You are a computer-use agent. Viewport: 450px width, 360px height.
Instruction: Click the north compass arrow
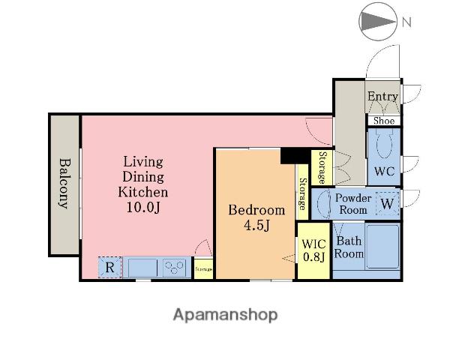[x=378, y=22]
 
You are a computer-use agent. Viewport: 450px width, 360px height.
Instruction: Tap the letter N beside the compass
[x=406, y=22]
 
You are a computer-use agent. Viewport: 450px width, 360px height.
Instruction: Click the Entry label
[x=382, y=96]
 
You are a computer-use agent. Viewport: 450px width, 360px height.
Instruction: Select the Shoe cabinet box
[x=384, y=121]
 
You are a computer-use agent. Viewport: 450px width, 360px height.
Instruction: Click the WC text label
[x=384, y=172]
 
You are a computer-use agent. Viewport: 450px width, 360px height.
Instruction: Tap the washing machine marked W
[x=388, y=203]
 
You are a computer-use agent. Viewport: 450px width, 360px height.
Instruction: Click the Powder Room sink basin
[x=324, y=203]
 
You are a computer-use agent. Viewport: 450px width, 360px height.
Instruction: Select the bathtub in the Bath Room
[x=382, y=247]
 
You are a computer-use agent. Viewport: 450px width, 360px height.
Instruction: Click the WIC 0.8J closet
[x=313, y=250]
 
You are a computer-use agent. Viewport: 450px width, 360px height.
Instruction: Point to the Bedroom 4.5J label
[x=256, y=217]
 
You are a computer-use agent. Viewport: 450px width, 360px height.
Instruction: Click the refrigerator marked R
[x=110, y=267]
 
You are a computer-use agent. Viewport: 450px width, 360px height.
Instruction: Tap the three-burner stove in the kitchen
[x=174, y=268]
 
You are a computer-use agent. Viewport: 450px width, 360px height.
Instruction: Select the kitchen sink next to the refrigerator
[x=142, y=268]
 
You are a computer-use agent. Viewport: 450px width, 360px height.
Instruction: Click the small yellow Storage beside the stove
[x=203, y=269]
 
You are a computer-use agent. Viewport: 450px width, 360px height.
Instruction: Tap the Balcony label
[x=64, y=184]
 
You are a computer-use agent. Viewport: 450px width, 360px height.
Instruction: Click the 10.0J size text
[x=143, y=207]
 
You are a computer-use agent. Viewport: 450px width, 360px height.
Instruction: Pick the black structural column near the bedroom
[x=295, y=156]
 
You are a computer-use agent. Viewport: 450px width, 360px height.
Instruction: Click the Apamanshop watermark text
[x=225, y=315]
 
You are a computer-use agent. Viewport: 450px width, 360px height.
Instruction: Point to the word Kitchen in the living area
[x=143, y=192]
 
